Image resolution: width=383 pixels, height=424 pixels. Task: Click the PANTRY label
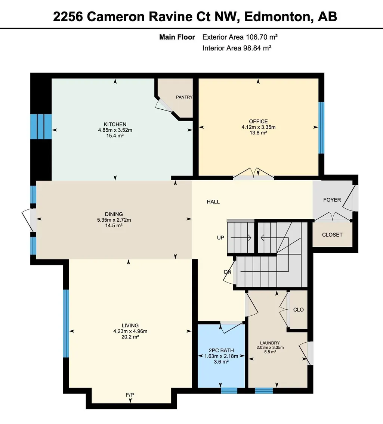pyautogui.click(x=184, y=97)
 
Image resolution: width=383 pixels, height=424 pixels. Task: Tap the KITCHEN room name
pyautogui.click(x=115, y=124)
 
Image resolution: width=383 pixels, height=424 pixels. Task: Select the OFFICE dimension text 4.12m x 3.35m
pyautogui.click(x=259, y=127)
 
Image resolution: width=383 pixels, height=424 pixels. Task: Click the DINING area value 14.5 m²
pyautogui.click(x=114, y=225)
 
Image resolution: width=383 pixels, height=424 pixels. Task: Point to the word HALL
pyautogui.click(x=213, y=202)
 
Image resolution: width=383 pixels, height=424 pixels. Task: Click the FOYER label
pyautogui.click(x=332, y=200)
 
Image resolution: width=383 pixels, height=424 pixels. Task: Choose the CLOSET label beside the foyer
pyautogui.click(x=332, y=235)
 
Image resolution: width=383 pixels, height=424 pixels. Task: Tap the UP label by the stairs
pyautogui.click(x=220, y=238)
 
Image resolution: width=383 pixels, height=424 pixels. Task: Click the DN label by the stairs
pyautogui.click(x=228, y=272)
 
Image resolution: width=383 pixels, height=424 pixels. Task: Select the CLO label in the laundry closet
pyautogui.click(x=299, y=310)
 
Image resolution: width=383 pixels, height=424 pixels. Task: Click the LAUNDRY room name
pyautogui.click(x=270, y=343)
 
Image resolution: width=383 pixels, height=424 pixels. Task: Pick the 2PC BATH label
pyautogui.click(x=222, y=350)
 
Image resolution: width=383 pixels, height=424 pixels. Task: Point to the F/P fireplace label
pyautogui.click(x=130, y=395)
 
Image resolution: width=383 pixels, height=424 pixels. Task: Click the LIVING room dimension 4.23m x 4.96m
pyautogui.click(x=130, y=331)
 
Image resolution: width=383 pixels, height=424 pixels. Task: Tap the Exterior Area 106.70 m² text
pyautogui.click(x=240, y=37)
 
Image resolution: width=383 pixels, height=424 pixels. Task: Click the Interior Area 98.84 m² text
pyautogui.click(x=237, y=48)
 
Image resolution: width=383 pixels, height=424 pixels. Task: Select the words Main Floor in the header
pyautogui.click(x=177, y=37)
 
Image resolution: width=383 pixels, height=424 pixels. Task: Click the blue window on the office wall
pyautogui.click(x=321, y=128)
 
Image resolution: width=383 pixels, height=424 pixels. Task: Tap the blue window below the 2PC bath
pyautogui.click(x=229, y=390)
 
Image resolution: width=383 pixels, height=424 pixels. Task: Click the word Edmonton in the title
pyautogui.click(x=277, y=17)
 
